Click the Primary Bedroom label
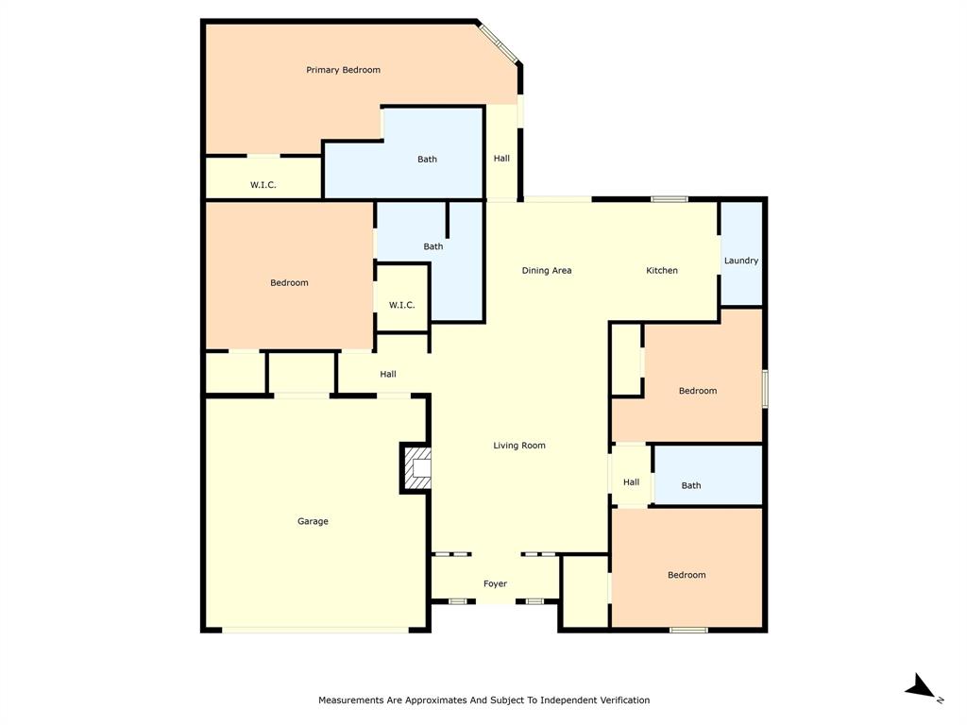[343, 70]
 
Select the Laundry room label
[741, 261]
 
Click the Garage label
[313, 521]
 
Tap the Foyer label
[495, 584]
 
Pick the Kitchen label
[662, 271]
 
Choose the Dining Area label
[547, 271]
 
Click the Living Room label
[519, 446]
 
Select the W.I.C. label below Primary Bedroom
[263, 185]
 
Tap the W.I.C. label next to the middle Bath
[402, 305]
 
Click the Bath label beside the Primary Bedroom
[428, 160]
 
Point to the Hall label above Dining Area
[501, 159]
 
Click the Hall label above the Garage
[388, 375]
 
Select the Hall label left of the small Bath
[631, 482]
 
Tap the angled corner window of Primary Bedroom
[497, 42]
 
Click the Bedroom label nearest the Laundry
[698, 391]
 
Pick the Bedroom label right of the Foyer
[687, 575]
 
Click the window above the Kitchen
[670, 199]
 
